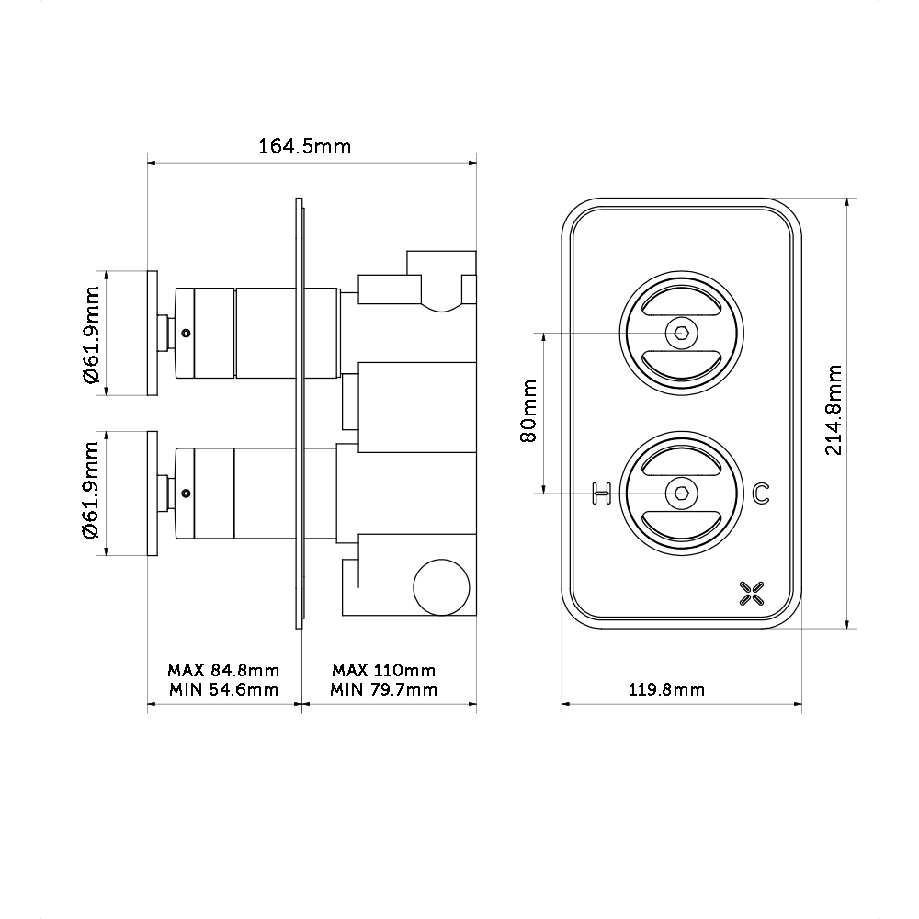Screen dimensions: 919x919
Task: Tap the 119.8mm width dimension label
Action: [x=680, y=689]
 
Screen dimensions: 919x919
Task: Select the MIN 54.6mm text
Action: [x=223, y=689]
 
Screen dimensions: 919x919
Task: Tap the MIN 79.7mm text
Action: [x=384, y=689]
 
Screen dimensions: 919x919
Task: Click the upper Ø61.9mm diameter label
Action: [x=91, y=334]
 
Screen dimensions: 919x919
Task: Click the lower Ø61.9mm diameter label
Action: [x=91, y=493]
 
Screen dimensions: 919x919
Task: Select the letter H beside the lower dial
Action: [x=602, y=494]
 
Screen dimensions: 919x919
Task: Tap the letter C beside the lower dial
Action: [x=760, y=494]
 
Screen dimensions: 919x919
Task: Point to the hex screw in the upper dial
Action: [x=681, y=333]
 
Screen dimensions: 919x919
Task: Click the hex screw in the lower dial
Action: [x=681, y=494]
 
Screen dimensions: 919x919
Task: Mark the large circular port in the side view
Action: [x=440, y=585]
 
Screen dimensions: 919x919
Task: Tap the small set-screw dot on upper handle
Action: [x=187, y=333]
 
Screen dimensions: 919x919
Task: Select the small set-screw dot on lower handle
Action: [x=187, y=493]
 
